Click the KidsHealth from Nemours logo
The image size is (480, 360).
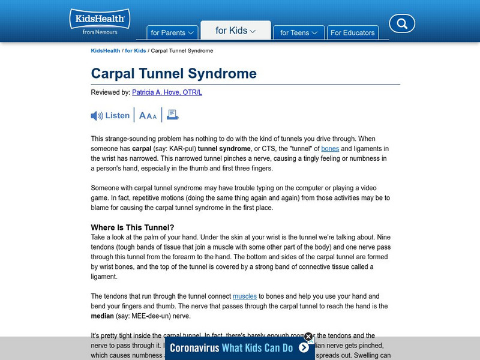pos(100,22)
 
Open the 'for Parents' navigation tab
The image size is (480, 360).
pos(172,33)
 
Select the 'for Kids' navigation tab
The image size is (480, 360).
pos(235,31)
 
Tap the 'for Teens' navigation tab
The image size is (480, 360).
pos(299,33)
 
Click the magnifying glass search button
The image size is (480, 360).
pos(402,24)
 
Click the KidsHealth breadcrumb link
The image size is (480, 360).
pos(105,51)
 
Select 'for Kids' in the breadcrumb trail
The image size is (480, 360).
pos(135,51)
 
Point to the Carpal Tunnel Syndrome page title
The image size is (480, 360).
pos(173,74)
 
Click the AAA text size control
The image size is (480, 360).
pos(148,116)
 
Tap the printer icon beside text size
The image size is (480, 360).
pos(173,115)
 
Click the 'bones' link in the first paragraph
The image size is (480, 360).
pos(330,148)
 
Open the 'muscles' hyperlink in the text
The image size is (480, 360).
pos(244,296)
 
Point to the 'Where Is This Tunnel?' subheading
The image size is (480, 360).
pos(133,227)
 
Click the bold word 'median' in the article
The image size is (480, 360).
pos(103,316)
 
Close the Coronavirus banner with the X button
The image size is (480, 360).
pos(308,337)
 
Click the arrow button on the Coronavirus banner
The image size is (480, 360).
pos(304,347)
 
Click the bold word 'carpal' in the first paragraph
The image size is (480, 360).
pos(142,148)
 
